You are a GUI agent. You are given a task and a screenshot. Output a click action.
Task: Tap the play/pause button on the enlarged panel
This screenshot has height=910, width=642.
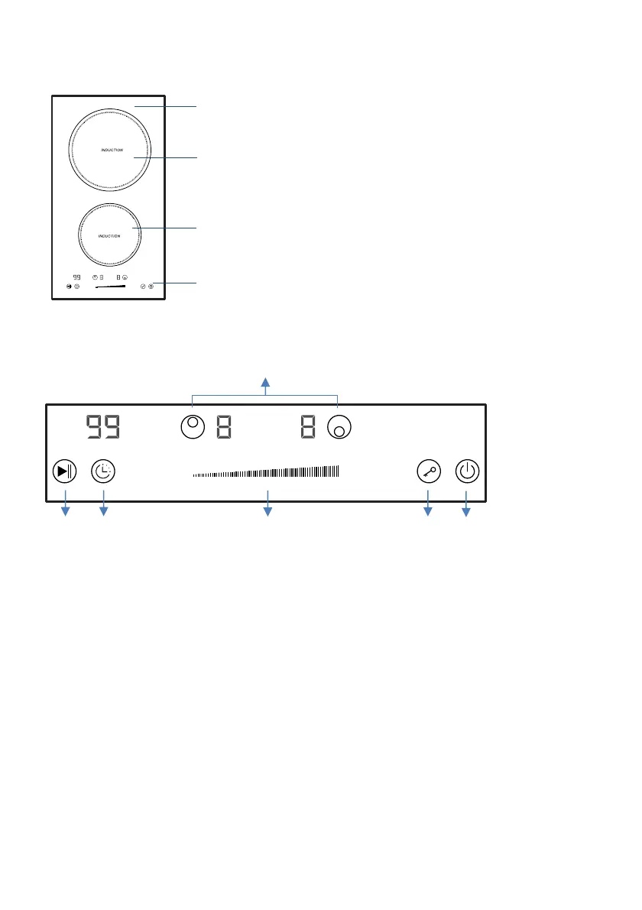pos(64,471)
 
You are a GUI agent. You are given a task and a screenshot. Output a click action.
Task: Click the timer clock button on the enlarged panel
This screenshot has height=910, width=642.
pos(103,471)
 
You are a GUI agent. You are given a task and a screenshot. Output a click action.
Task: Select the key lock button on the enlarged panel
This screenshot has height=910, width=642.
pos(429,471)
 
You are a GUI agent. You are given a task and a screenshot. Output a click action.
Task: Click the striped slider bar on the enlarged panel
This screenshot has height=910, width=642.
pos(266,472)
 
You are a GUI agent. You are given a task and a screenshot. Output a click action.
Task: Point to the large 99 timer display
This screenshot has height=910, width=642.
pos(103,426)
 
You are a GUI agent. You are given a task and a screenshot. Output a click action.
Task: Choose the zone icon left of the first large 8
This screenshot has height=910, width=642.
pos(193,427)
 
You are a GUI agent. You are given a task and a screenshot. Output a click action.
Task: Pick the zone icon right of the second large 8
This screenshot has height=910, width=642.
pos(339,427)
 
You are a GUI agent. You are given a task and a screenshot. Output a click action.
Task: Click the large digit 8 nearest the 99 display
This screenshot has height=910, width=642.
pos(224,426)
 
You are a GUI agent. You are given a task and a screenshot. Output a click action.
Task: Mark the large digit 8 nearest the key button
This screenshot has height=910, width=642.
pos(308,426)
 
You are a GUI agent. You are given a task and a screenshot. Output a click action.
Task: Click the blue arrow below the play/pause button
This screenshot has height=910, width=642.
pos(66,504)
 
